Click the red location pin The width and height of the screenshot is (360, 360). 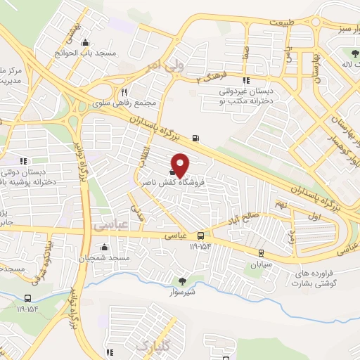pos(181,164)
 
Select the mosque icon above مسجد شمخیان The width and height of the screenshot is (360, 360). pos(105,247)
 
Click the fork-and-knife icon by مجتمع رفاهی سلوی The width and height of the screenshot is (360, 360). pos(124,91)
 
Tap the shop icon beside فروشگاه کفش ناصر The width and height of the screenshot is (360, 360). pos(173,171)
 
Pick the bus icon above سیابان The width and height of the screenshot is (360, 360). pos(262,253)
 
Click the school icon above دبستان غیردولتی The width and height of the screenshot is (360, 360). pos(246,80)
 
